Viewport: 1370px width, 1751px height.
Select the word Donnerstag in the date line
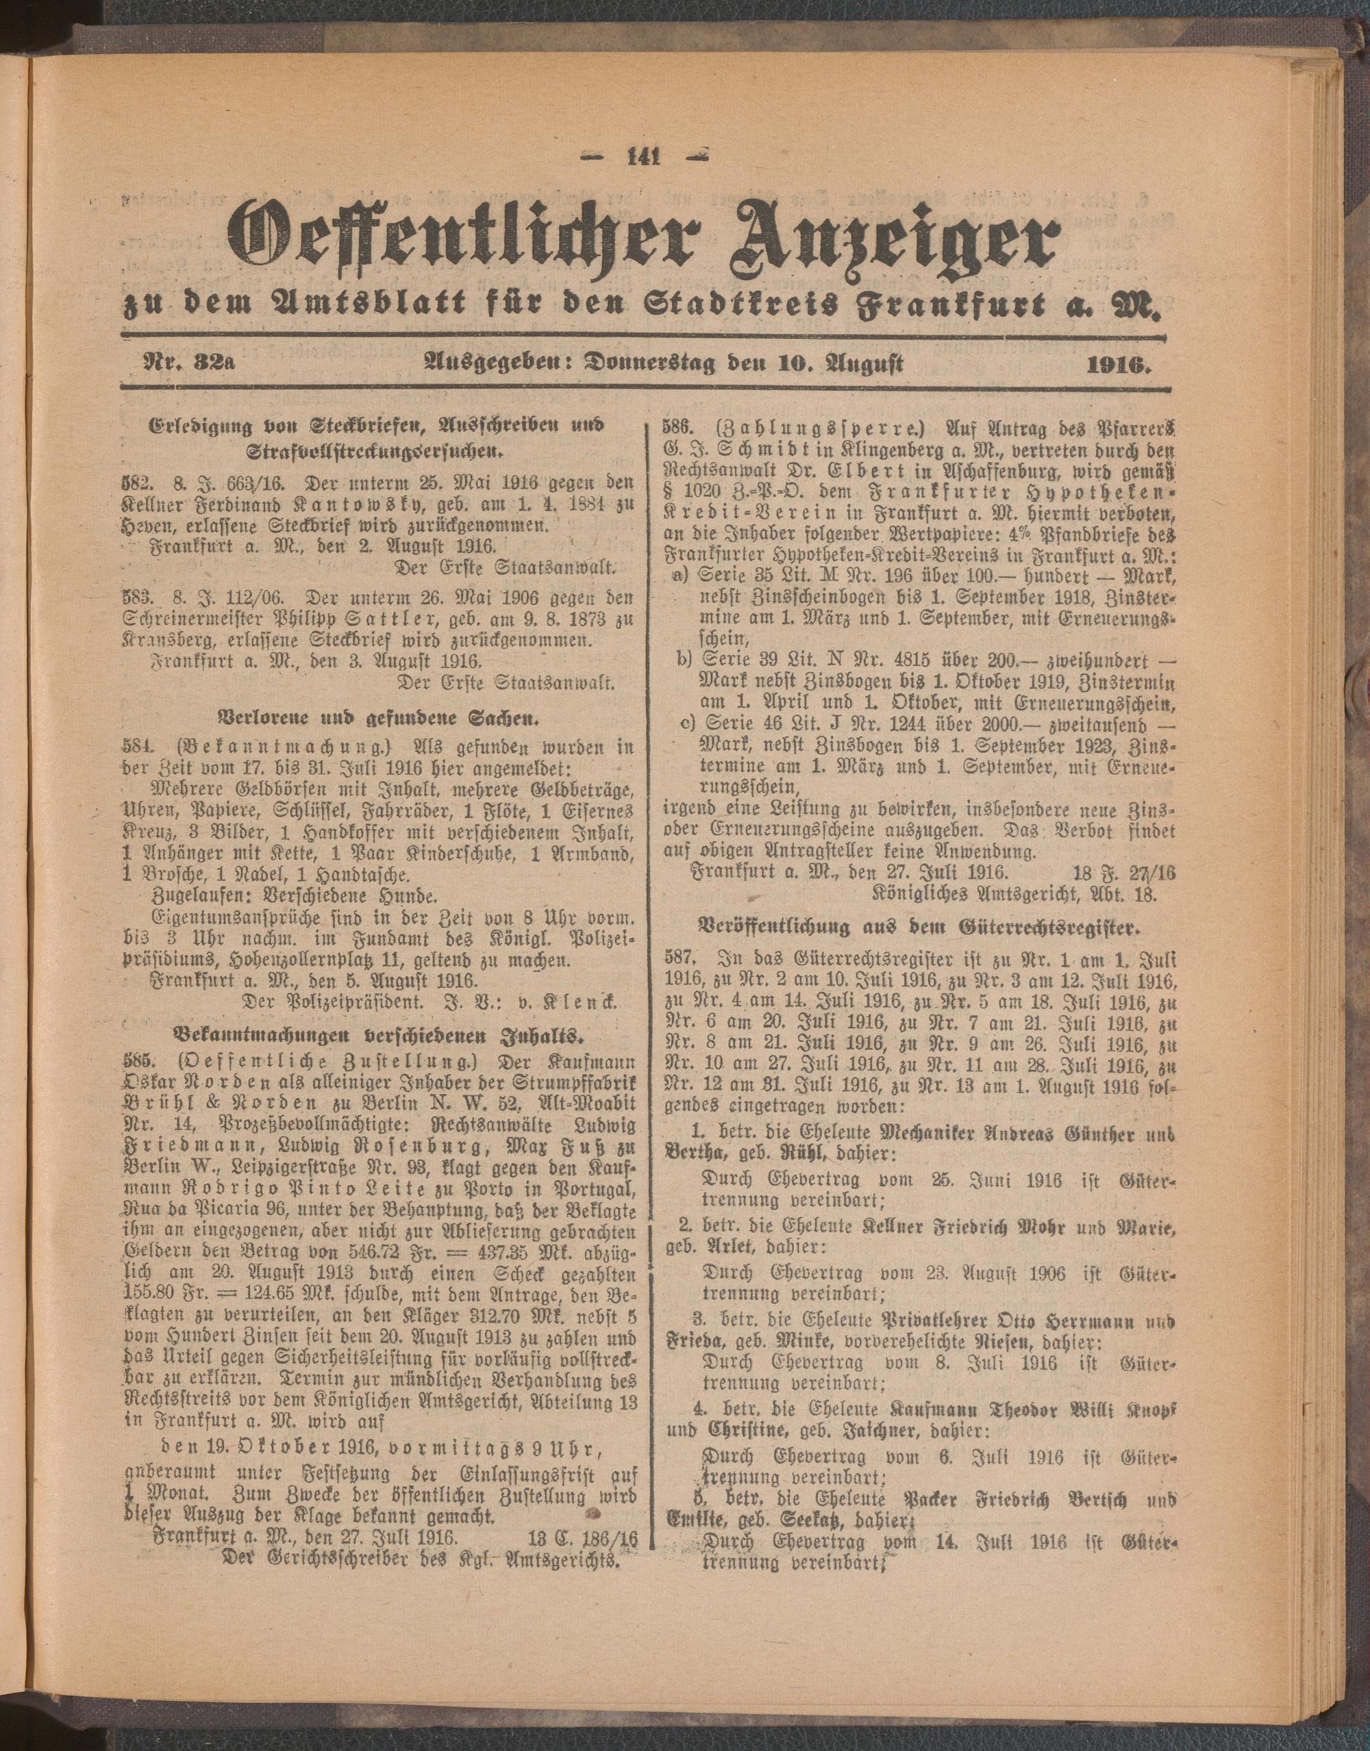point(647,364)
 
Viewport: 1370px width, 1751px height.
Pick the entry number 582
point(135,483)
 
